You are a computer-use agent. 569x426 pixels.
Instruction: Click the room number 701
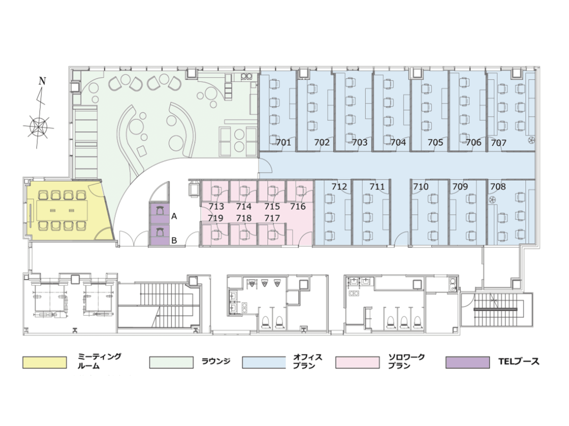click(x=283, y=142)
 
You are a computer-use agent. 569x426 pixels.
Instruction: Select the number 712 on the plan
click(x=339, y=187)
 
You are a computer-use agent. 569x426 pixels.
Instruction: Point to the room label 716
click(x=298, y=206)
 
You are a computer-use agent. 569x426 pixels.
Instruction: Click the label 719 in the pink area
click(x=216, y=218)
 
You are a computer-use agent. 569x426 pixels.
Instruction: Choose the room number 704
click(x=398, y=142)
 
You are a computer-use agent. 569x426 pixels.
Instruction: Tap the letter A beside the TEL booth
click(x=174, y=217)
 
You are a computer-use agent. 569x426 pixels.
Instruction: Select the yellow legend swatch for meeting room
click(x=45, y=362)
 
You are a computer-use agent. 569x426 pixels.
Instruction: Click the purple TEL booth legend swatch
click(x=468, y=362)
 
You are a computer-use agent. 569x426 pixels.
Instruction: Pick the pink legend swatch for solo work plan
click(x=358, y=362)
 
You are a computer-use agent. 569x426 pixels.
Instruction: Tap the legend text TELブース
click(x=519, y=361)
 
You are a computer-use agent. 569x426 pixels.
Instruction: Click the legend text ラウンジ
click(x=216, y=361)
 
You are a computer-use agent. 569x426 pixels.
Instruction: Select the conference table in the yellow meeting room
click(x=62, y=210)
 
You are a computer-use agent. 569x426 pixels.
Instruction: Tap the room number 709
click(x=460, y=187)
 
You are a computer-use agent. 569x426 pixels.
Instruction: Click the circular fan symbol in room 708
click(x=492, y=200)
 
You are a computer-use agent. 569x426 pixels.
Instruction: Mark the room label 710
click(x=421, y=187)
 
